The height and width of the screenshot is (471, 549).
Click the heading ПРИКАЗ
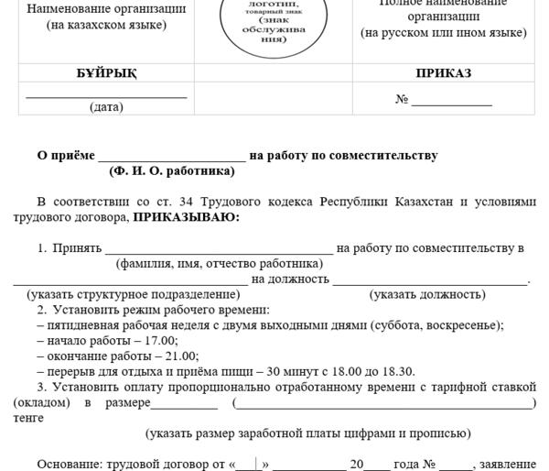443,74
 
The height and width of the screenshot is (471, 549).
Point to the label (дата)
106,107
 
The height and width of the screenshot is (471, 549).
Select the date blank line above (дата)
106,95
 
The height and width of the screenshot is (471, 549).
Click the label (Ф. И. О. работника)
172,170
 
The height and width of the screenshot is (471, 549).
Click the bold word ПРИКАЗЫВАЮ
186,218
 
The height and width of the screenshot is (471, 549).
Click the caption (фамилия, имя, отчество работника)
219,264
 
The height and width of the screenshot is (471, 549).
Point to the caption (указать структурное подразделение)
134,294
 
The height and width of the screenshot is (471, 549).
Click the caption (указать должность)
427,294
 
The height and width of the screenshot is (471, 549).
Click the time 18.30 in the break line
396,371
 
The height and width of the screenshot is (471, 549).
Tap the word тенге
28,418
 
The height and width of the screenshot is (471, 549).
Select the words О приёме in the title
65,156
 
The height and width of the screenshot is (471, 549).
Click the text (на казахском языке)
106,25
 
